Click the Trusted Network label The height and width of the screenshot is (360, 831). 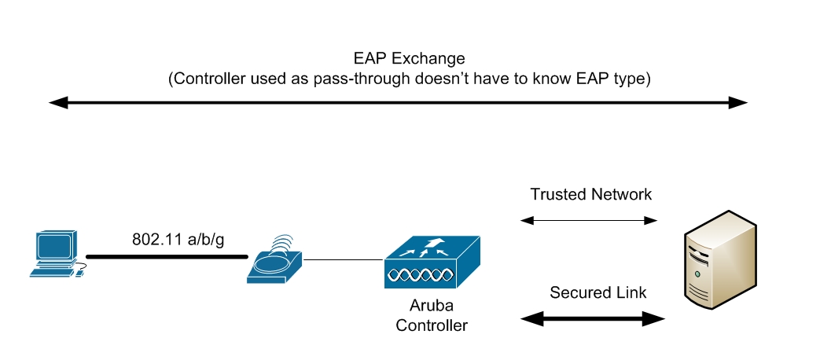[x=591, y=194]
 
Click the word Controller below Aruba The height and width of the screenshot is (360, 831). [x=431, y=325]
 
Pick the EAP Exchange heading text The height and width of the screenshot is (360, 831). [x=410, y=59]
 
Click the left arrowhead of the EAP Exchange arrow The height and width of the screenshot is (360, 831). [x=57, y=102]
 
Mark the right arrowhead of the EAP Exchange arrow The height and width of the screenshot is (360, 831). [x=739, y=102]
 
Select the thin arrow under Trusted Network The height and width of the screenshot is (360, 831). [x=590, y=222]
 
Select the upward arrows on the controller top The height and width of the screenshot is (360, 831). [x=429, y=246]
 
